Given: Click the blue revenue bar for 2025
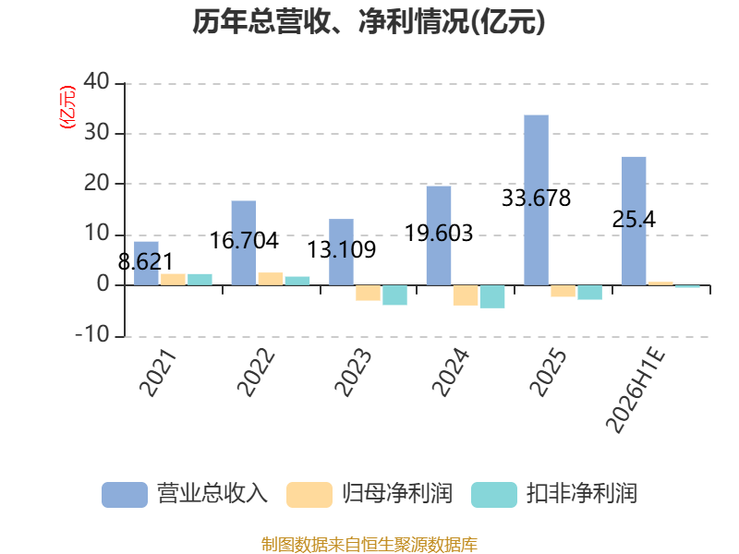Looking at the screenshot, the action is (x=537, y=200).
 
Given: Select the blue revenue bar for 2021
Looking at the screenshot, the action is (x=146, y=263).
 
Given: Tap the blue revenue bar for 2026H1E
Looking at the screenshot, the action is (x=634, y=221).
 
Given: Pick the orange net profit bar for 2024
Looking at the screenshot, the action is (x=466, y=295).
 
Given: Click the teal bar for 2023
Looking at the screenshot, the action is (x=395, y=295).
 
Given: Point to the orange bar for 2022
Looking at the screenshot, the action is (x=271, y=279).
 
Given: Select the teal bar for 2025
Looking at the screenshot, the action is (x=590, y=293).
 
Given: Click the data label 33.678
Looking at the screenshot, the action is (x=536, y=198).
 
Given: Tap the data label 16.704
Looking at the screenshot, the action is (x=244, y=241).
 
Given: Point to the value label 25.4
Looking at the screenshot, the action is (x=634, y=220).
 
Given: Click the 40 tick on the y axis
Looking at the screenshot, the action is (x=97, y=81).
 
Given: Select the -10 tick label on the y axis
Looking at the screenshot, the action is (x=92, y=335).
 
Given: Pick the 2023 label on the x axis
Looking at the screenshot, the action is (x=353, y=373).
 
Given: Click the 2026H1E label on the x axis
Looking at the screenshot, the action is (x=636, y=390).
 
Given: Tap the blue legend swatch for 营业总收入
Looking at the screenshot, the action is (x=125, y=495).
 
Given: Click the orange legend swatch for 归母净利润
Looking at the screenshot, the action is (x=309, y=495).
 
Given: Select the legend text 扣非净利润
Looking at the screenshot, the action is (x=582, y=494).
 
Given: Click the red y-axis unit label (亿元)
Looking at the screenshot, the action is (x=67, y=107).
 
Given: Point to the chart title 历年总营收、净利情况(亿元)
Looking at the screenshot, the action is (x=369, y=21).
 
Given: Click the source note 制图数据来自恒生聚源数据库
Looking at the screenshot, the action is (x=369, y=545).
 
